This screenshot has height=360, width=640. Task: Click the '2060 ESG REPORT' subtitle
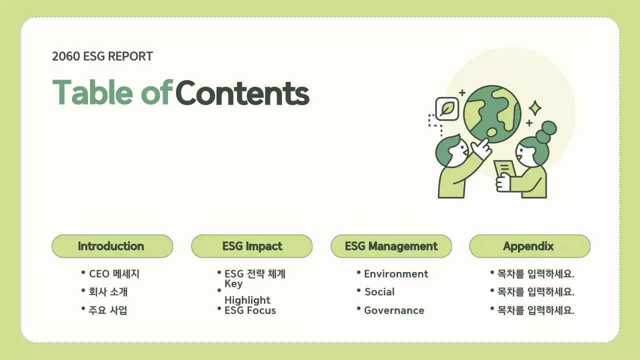click(x=102, y=56)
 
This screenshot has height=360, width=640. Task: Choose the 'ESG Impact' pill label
click(x=251, y=246)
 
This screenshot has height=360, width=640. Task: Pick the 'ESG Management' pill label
click(x=391, y=246)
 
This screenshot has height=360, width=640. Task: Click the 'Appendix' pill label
click(x=529, y=246)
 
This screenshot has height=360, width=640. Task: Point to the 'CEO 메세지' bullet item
click(x=114, y=274)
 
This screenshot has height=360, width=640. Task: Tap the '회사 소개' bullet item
click(x=108, y=292)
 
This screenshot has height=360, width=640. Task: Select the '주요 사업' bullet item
click(x=108, y=310)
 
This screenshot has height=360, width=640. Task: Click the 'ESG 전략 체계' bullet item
click(x=255, y=274)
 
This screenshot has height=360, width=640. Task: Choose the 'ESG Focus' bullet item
click(x=250, y=310)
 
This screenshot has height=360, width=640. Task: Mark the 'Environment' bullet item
click(x=396, y=274)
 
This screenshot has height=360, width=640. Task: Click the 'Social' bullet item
click(x=379, y=292)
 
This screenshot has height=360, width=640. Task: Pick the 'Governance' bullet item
click(x=394, y=310)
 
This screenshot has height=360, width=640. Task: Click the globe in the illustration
click(x=491, y=114)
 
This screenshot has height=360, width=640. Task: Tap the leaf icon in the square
click(x=447, y=108)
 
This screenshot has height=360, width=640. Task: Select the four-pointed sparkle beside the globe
click(x=535, y=108)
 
